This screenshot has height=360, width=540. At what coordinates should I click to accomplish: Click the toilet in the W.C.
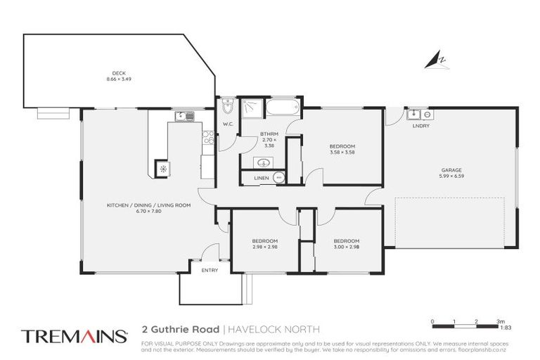(x=226, y=108)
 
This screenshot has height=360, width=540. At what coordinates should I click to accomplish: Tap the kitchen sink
(x=185, y=116)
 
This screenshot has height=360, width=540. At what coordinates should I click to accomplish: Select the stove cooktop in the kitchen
(x=208, y=138)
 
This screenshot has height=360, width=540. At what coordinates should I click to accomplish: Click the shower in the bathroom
(x=250, y=108)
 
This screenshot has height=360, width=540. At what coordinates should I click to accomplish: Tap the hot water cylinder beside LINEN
(x=279, y=179)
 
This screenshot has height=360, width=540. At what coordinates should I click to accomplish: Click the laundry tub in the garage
(x=415, y=114)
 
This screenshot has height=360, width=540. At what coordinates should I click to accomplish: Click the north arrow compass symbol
(x=436, y=61)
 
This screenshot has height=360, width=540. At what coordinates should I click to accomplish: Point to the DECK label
(x=120, y=72)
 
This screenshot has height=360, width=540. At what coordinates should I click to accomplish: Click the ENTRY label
(x=210, y=270)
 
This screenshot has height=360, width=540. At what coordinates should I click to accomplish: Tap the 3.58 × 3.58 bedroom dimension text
(x=342, y=153)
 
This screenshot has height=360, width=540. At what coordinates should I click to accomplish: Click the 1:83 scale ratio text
(x=504, y=328)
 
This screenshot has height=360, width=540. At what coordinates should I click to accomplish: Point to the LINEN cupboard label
(x=260, y=179)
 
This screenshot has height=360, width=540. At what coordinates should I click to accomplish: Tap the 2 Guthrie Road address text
(x=181, y=328)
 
